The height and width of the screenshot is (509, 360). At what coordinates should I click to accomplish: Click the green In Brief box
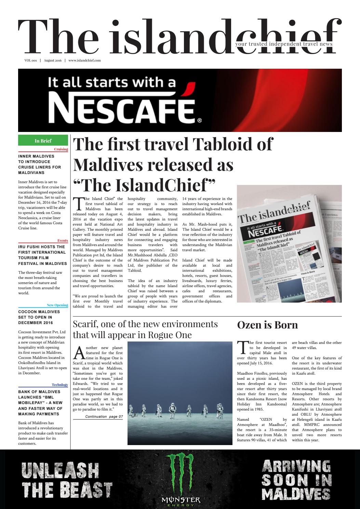[43, 140]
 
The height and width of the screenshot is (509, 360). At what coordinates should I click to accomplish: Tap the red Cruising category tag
[61, 149]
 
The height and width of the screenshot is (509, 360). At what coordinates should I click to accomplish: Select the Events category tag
[63, 241]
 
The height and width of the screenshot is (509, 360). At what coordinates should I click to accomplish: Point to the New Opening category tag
[57, 305]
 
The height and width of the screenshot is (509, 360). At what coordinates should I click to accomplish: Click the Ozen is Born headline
[267, 325]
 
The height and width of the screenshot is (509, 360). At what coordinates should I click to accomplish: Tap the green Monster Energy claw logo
[181, 474]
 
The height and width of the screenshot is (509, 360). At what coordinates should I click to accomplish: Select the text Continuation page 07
[104, 417]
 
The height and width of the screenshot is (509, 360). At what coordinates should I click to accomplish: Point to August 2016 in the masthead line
[53, 60]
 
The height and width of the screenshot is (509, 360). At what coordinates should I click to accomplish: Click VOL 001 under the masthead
[30, 60]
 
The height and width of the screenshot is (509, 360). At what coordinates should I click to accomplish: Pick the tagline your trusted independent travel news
[283, 44]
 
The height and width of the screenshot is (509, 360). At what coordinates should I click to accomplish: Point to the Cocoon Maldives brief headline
[39, 317]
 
